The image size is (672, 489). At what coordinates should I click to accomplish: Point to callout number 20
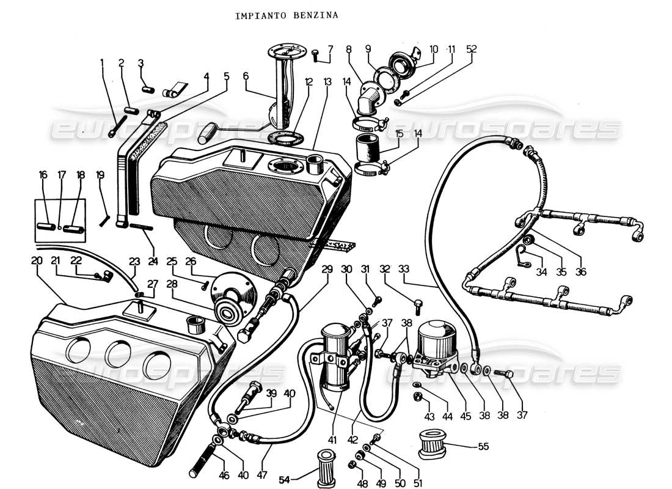[x=37, y=260]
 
